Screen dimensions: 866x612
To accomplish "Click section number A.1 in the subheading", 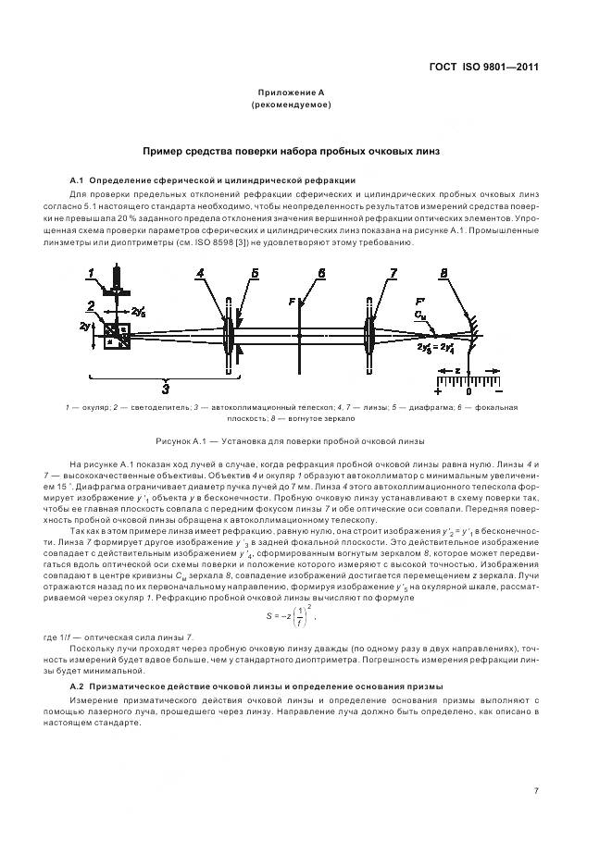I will (78, 179).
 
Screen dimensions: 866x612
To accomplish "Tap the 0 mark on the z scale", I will (468, 392).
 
